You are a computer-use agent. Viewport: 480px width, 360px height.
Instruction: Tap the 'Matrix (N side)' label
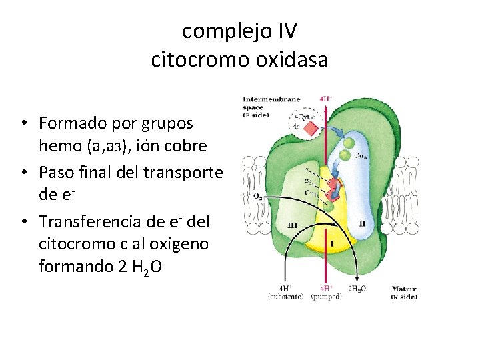pos(404,293)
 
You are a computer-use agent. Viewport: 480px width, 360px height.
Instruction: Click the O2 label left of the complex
pos(257,197)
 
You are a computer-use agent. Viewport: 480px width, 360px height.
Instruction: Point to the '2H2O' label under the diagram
pos(357,288)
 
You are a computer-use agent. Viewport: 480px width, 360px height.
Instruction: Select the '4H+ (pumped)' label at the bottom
pos(326,292)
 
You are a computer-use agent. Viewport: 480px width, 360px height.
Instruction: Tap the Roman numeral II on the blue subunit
pos(362,224)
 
